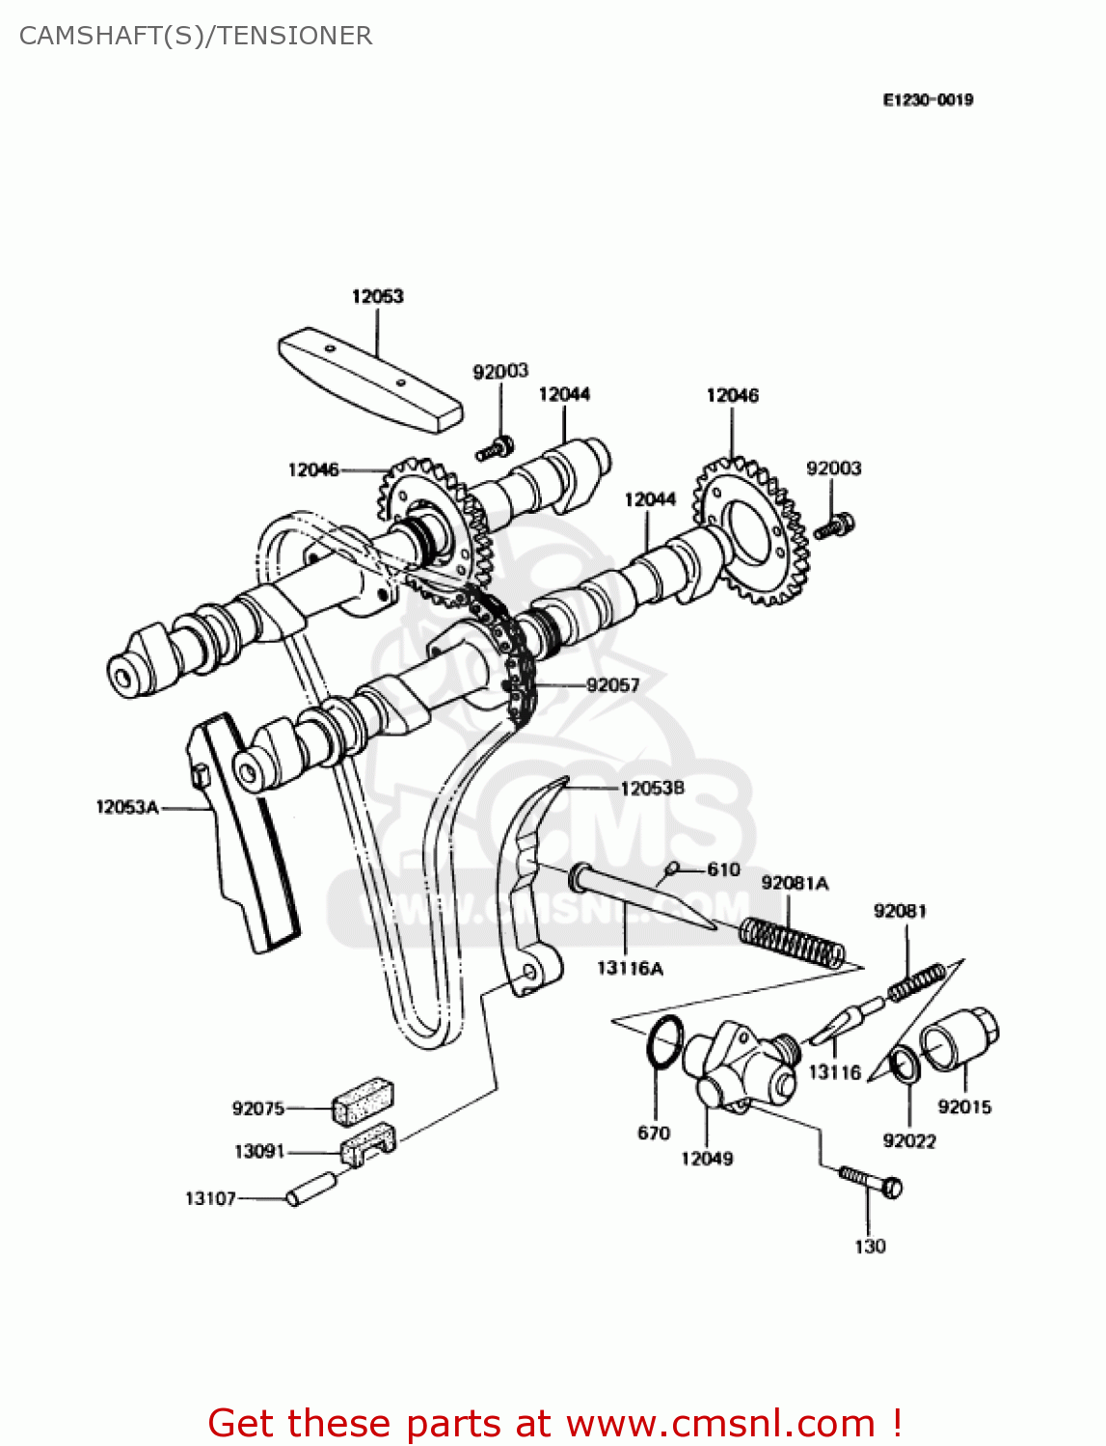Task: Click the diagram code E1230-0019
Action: [x=928, y=99]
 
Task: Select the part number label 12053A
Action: [x=126, y=807]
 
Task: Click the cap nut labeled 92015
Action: [x=959, y=1039]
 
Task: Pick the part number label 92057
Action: [x=612, y=684]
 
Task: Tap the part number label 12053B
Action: [x=652, y=788]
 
